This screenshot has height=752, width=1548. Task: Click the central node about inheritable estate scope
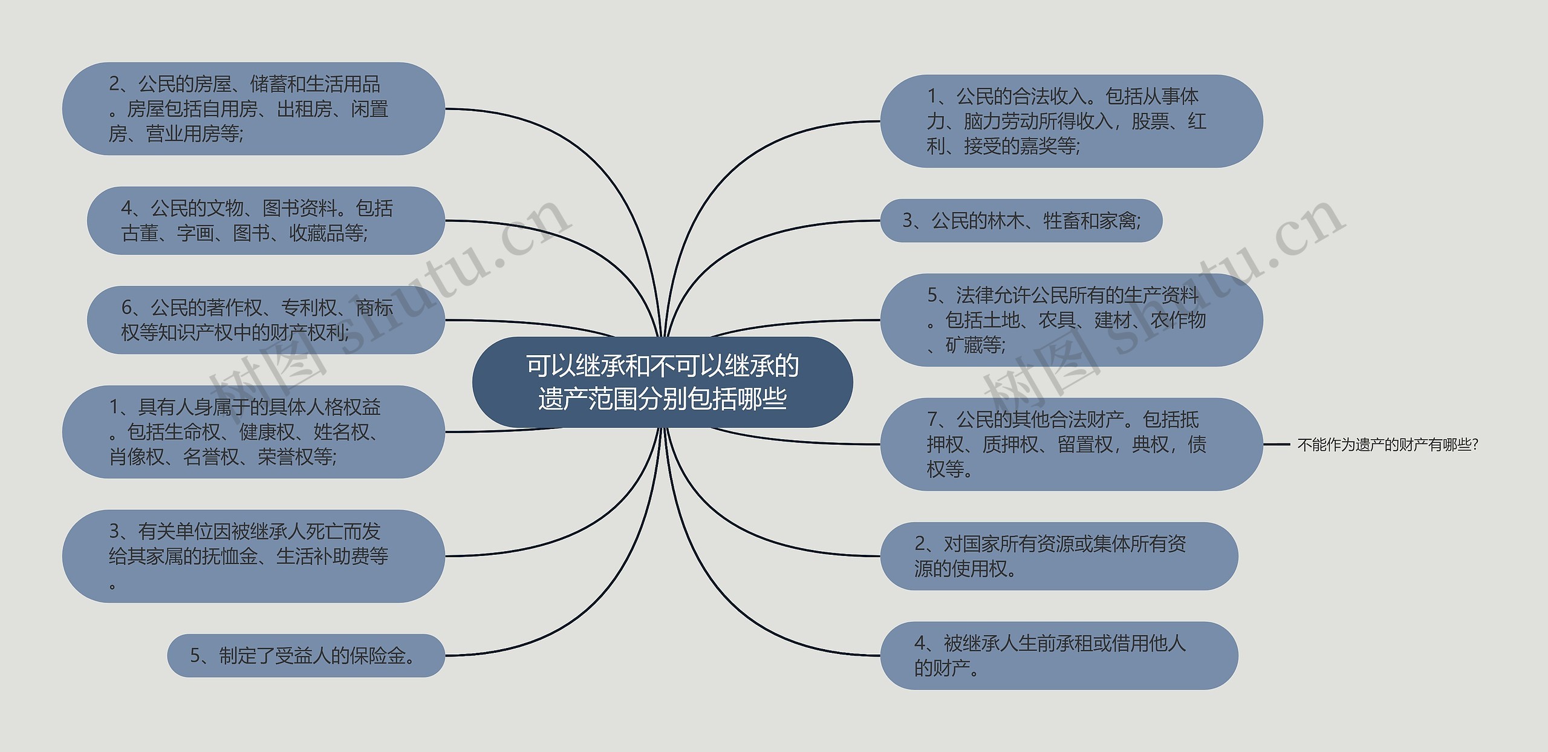coord(662,382)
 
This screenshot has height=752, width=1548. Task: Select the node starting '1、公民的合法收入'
coord(1070,121)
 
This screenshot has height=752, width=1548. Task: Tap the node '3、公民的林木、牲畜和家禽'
coord(1021,221)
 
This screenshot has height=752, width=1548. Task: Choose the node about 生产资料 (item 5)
coord(1070,320)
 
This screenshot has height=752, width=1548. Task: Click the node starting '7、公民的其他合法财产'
coord(1070,444)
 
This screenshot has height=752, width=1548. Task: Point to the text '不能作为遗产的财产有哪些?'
coord(1387,445)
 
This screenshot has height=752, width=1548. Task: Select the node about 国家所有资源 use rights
coord(1058,556)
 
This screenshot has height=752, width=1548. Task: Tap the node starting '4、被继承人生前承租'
coord(1058,656)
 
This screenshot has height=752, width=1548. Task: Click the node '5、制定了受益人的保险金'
coord(305,656)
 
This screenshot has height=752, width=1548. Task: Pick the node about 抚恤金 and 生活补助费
coord(253,556)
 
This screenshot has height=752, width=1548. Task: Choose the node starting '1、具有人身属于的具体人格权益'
coord(253,432)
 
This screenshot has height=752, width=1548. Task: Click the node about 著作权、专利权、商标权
coord(265,320)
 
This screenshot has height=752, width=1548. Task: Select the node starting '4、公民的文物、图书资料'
coord(265,221)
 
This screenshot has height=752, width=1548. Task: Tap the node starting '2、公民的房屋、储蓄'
coord(253,109)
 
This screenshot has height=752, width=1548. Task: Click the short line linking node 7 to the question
coord(1276,445)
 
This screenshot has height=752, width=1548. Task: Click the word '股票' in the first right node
coord(1150,122)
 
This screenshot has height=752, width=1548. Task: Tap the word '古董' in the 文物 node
coord(140,234)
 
